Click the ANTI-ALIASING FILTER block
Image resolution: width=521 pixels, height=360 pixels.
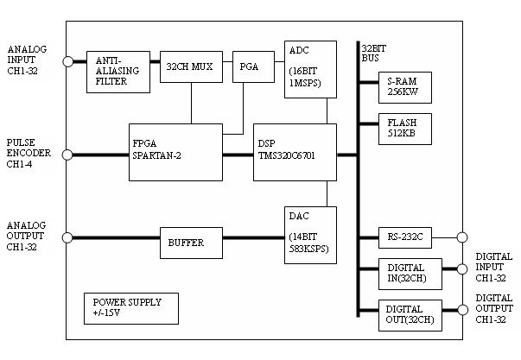click(x=118, y=72)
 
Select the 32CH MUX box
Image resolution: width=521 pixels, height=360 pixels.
click(x=191, y=66)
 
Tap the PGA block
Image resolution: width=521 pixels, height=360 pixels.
click(x=253, y=66)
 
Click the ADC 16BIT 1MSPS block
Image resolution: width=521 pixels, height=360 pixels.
click(x=310, y=69)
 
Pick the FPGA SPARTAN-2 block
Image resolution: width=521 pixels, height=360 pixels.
click(x=175, y=152)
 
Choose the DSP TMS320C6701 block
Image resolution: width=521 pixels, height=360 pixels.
click(x=295, y=152)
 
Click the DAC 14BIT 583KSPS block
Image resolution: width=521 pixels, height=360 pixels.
click(x=310, y=235)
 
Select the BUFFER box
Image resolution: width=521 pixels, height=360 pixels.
click(x=191, y=243)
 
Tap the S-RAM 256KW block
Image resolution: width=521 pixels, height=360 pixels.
click(x=405, y=87)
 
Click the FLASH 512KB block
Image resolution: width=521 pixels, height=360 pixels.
click(x=405, y=129)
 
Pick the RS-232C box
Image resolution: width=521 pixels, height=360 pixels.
click(x=405, y=237)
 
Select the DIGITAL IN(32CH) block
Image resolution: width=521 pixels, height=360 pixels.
click(x=410, y=274)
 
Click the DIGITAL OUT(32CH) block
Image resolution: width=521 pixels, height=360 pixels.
click(x=410, y=315)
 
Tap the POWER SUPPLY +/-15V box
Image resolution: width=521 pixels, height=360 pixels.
click(x=131, y=308)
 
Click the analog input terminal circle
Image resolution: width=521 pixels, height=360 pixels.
click(x=67, y=61)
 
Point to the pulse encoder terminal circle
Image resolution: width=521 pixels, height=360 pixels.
click(x=67, y=155)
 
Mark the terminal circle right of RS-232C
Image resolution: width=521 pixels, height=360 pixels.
click(x=462, y=237)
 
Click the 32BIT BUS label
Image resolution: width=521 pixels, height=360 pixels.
click(x=373, y=54)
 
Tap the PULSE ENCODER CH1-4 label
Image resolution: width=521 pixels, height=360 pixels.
click(x=29, y=153)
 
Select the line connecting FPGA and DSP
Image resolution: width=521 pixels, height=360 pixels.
click(x=238, y=155)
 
